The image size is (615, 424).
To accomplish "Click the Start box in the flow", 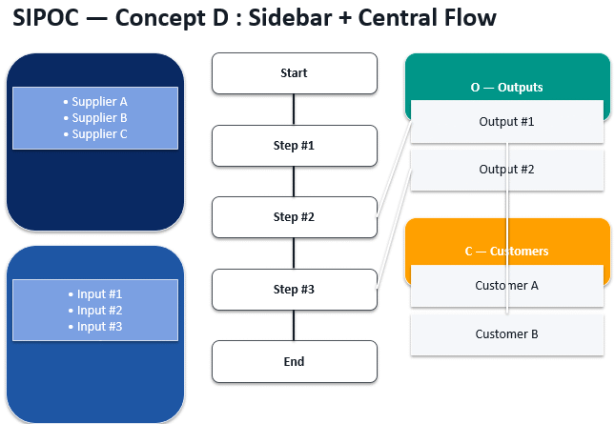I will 294,73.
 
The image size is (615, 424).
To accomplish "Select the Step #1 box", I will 294,146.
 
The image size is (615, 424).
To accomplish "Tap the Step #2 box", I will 294,217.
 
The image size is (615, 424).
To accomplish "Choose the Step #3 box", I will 294,290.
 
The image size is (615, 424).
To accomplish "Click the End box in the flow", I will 294,362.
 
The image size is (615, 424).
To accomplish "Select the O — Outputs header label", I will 506,87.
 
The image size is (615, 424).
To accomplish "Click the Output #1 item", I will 506,122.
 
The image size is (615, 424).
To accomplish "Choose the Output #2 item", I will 506,170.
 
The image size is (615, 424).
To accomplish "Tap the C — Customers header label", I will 506,251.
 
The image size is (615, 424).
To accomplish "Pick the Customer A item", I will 506,285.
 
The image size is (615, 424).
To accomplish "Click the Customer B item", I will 506,334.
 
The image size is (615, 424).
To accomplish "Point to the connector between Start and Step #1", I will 294,110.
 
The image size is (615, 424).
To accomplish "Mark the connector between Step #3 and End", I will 294,326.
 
